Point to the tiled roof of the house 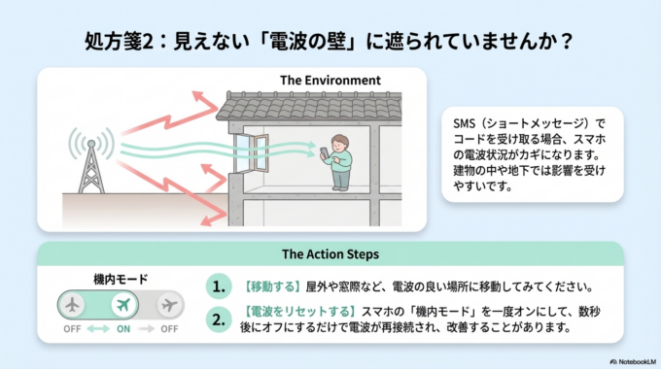[x=311, y=105]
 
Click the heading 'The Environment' [x=330, y=79]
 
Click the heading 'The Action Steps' [x=330, y=254]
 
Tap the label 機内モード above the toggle [x=121, y=279]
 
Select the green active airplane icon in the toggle [x=122, y=305]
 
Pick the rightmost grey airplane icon [x=169, y=305]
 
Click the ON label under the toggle [x=122, y=328]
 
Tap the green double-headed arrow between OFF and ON [x=97, y=328]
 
